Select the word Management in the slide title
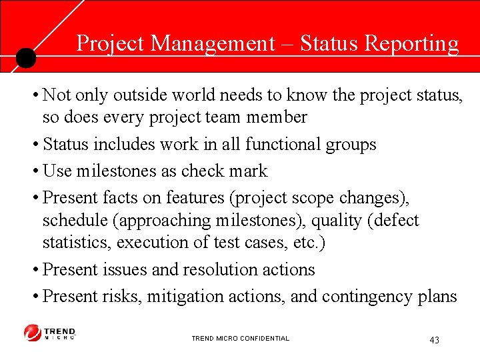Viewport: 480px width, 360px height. pos(213,43)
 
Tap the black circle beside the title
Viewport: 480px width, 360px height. pos(25,58)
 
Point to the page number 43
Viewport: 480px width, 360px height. pos(434,340)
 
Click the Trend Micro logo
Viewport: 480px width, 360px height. pos(50,333)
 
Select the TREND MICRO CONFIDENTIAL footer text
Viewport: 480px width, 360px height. pos(240,339)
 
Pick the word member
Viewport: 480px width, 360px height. pos(275,117)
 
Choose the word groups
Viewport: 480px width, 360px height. pos(351,144)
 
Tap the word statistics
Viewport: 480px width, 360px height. pos(77,242)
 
